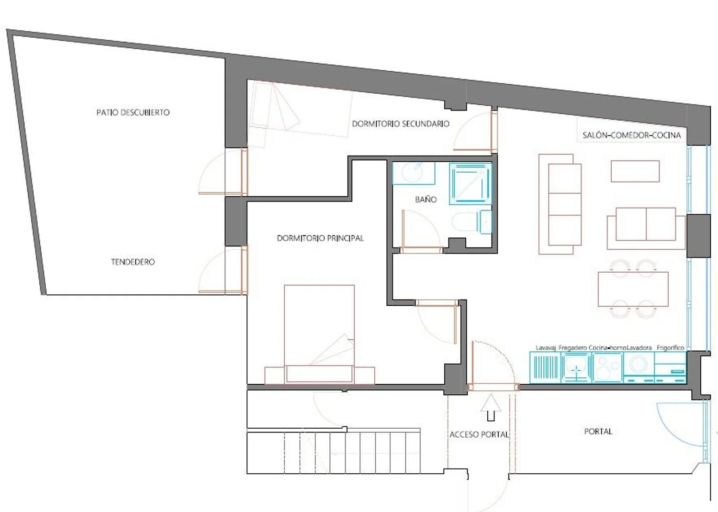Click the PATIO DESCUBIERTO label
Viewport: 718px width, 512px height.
pyautogui.click(x=133, y=112)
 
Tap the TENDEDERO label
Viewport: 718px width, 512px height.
pyautogui.click(x=133, y=262)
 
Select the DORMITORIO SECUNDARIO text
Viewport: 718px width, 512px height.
pyautogui.click(x=401, y=124)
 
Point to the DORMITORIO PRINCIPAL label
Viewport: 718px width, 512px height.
pyautogui.click(x=320, y=238)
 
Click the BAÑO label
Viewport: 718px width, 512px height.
pyautogui.click(x=426, y=200)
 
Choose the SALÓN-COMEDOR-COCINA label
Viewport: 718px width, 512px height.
pyautogui.click(x=631, y=135)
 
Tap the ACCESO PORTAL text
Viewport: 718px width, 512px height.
pyautogui.click(x=479, y=435)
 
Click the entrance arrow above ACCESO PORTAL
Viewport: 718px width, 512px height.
pyautogui.click(x=491, y=407)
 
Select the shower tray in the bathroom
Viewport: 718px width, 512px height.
pyautogui.click(x=471, y=184)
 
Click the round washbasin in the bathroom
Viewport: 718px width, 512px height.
pyautogui.click(x=414, y=173)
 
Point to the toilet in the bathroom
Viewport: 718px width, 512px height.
pyautogui.click(x=471, y=222)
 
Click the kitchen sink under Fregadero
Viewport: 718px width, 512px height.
pyautogui.click(x=576, y=367)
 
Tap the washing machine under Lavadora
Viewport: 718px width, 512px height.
pyautogui.click(x=639, y=367)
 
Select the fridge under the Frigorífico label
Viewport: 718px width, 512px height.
pyautogui.click(x=670, y=367)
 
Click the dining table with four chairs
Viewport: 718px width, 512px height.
pyautogui.click(x=633, y=289)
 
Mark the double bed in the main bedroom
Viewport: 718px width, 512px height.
pyautogui.click(x=320, y=334)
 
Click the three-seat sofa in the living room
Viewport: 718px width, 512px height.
pyautogui.click(x=560, y=204)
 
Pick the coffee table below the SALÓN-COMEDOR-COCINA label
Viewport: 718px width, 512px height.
pyautogui.click(x=635, y=171)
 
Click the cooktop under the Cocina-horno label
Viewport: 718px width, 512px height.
pyautogui.click(x=608, y=367)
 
